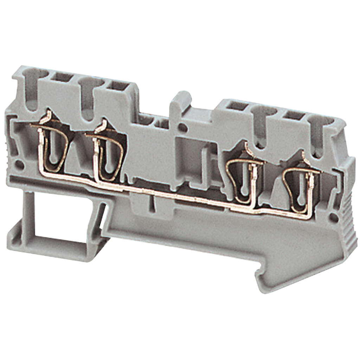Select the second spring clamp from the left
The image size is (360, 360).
[x=108, y=155]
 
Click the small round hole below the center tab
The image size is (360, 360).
[x=182, y=127]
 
